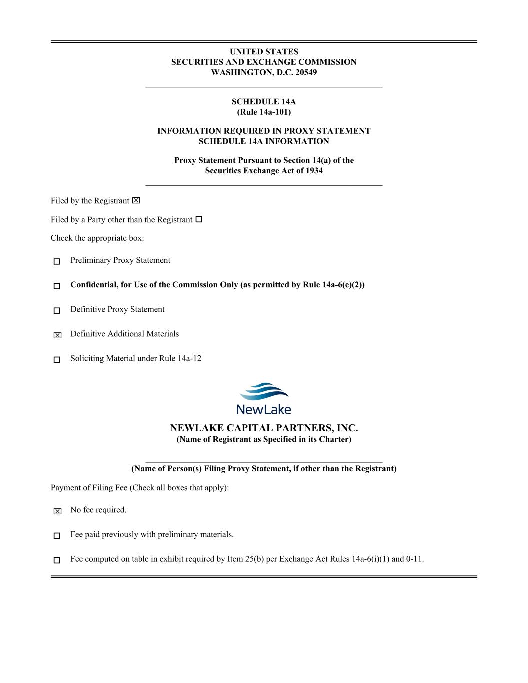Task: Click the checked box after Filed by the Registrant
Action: point(136,201)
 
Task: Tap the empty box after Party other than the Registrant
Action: point(199,219)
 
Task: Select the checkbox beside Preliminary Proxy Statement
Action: point(57,261)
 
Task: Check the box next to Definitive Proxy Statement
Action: point(57,310)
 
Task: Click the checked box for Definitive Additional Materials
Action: point(57,335)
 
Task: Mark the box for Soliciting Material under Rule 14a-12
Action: point(57,359)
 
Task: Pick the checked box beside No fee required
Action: point(57,511)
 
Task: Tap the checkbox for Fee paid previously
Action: point(57,535)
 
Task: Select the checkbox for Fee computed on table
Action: point(57,560)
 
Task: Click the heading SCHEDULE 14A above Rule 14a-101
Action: point(264,102)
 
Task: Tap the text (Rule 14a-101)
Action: point(264,112)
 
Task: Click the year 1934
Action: point(313,171)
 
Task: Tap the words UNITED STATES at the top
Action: point(264,52)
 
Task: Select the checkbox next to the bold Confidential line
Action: point(57,286)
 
